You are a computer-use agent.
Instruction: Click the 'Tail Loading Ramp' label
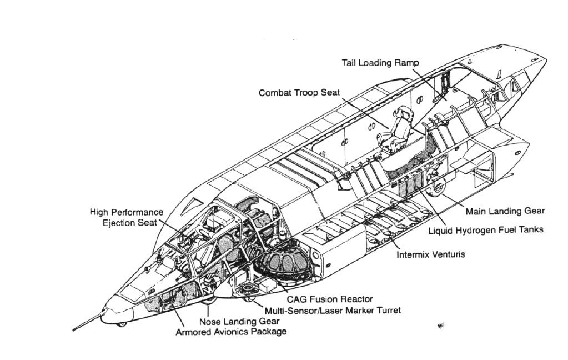(x=380, y=63)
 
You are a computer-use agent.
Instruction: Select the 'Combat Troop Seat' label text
(x=299, y=93)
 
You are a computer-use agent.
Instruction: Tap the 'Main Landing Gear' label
(x=505, y=211)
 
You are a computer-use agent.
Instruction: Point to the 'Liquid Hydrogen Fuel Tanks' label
(x=485, y=229)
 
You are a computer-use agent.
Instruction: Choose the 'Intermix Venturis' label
(x=430, y=255)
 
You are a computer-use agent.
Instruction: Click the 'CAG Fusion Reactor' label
(x=329, y=299)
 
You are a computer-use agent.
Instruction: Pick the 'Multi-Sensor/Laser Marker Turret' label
(x=332, y=310)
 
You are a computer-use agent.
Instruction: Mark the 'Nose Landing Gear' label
(x=239, y=321)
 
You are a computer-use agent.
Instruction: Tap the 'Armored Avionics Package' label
(x=231, y=332)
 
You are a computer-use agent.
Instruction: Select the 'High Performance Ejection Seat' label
(x=127, y=217)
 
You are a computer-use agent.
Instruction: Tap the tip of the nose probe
(x=74, y=330)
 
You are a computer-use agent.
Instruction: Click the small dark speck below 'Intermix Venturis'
(x=441, y=325)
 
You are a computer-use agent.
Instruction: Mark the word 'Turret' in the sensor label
(x=388, y=310)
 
